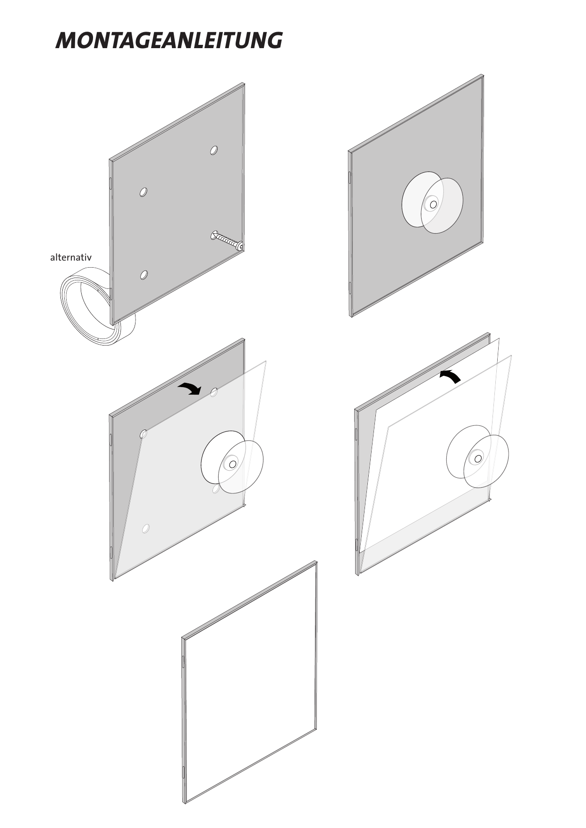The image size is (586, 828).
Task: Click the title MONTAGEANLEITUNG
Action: (x=169, y=41)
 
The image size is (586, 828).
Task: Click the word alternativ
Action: (x=71, y=258)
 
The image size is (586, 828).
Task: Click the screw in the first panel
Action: (x=227, y=239)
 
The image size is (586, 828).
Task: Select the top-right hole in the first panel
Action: (x=214, y=151)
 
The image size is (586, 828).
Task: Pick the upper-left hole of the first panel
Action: (x=144, y=192)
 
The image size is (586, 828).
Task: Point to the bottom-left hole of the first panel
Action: (x=144, y=275)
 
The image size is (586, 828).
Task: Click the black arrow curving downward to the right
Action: (x=190, y=389)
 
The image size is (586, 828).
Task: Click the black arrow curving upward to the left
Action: (x=450, y=376)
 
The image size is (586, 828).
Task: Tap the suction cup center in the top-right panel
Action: (x=433, y=204)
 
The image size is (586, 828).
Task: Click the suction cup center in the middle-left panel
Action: (x=232, y=465)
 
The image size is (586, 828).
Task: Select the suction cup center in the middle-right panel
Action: (x=478, y=458)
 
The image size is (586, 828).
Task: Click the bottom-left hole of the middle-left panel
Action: (x=146, y=529)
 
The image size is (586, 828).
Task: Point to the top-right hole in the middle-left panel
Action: (x=214, y=392)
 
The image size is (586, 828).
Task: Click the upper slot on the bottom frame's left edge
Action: (x=183, y=661)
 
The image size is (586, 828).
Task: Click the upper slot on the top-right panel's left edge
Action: (x=350, y=177)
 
